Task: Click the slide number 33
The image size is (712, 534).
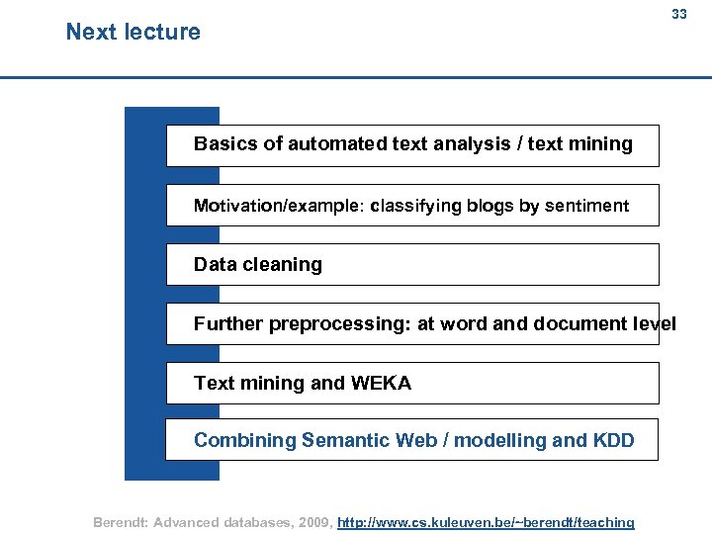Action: click(x=678, y=14)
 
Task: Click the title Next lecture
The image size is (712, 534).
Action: click(x=133, y=32)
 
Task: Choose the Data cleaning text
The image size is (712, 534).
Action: click(x=258, y=264)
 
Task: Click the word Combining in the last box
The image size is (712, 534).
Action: click(x=244, y=441)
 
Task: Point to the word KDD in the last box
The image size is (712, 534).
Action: click(x=613, y=441)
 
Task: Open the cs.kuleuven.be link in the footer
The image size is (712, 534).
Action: click(x=486, y=522)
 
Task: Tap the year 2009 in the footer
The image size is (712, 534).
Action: click(x=311, y=522)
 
